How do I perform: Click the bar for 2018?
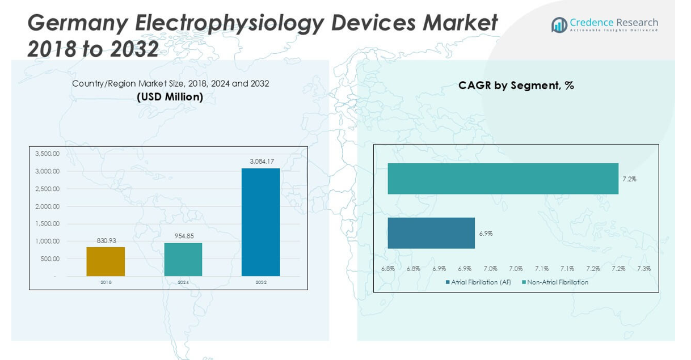106,261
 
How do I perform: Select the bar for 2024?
183,260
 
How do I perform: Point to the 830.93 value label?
106,240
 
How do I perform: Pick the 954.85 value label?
183,236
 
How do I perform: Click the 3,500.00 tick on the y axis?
47,154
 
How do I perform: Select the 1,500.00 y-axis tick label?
47,223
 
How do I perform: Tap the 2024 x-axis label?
183,282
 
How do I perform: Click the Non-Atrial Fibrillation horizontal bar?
503,179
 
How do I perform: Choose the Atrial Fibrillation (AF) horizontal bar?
431,233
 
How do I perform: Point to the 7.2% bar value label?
629,179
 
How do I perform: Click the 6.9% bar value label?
486,233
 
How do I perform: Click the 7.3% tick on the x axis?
644,269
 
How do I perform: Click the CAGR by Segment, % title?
516,86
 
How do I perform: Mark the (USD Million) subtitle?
170,97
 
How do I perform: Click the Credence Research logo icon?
559,25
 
